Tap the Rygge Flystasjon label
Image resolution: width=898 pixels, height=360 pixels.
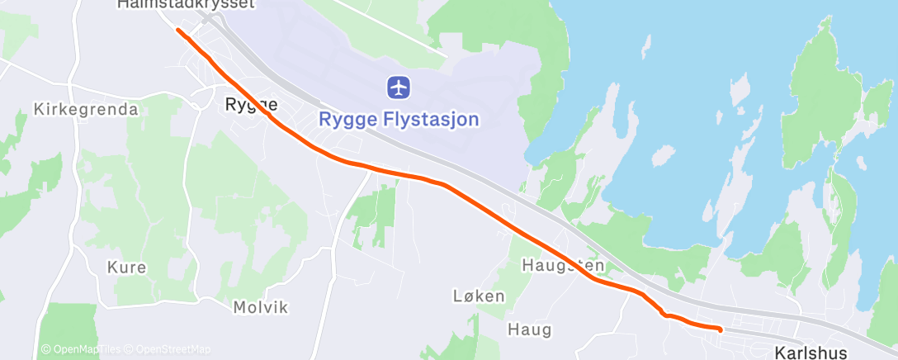399,120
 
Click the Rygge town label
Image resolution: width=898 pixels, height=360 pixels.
251,105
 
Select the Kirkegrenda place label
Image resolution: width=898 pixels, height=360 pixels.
86,109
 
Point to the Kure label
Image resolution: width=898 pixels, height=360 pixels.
127,268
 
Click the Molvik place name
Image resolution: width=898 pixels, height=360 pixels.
261,307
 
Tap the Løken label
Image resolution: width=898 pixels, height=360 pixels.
479,296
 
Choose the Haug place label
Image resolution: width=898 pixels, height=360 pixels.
530,330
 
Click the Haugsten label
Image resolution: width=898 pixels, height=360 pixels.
564,266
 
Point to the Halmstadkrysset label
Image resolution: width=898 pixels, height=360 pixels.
186,4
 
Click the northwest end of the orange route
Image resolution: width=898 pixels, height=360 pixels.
178,30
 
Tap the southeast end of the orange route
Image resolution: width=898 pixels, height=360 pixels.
721,329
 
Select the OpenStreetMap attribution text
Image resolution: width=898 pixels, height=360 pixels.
173,349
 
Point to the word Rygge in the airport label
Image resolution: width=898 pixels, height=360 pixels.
345,120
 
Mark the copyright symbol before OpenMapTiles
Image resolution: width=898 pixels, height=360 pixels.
45,349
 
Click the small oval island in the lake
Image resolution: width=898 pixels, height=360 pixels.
661,156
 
